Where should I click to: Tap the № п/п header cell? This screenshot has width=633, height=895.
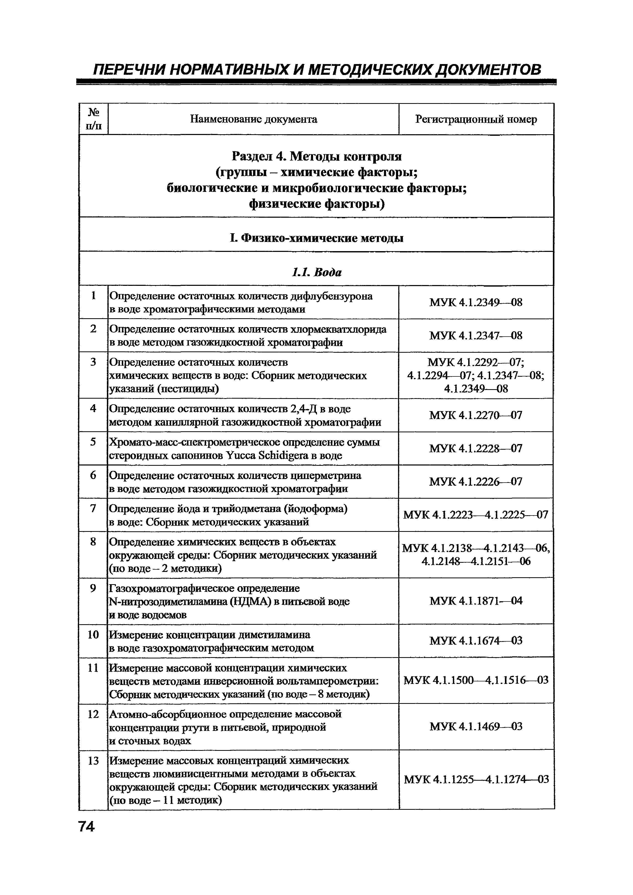coord(93,119)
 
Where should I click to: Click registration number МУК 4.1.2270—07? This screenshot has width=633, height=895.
coord(476,415)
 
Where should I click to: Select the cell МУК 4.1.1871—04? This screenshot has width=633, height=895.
coord(476,601)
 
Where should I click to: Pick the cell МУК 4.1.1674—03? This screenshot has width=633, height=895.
coord(476,641)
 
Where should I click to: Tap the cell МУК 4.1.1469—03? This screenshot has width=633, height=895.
coord(476,726)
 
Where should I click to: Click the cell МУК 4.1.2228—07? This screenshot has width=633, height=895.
coord(476,448)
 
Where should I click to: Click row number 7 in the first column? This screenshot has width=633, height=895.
coord(93,508)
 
